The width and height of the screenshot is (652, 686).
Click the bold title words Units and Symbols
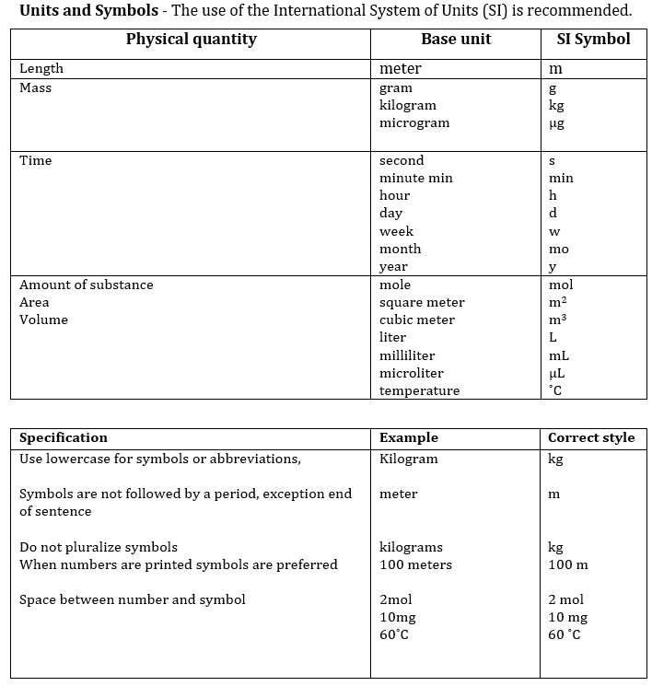tap(79, 11)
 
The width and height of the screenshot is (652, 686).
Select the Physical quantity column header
tap(191, 39)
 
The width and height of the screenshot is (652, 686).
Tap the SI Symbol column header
tap(593, 39)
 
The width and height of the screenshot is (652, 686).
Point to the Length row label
tap(41, 68)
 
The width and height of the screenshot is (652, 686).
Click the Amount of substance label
tap(87, 285)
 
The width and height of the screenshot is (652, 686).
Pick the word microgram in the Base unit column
tap(414, 122)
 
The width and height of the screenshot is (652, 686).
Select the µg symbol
tap(555, 123)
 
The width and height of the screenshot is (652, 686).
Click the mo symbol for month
tap(558, 250)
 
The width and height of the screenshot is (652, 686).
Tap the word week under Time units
tap(396, 231)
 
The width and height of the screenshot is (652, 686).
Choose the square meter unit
tap(422, 302)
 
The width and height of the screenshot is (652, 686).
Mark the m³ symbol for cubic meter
tap(557, 320)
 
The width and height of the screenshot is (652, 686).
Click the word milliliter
tap(407, 355)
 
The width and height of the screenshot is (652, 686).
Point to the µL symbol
tap(556, 373)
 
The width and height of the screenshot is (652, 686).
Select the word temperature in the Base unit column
tap(419, 390)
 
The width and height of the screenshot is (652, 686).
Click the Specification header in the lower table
tap(63, 437)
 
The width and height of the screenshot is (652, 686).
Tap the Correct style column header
tap(590, 437)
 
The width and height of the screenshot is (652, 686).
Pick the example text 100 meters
tap(415, 564)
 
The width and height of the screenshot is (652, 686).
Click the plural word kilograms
tap(411, 547)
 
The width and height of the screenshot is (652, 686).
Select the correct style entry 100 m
tap(567, 564)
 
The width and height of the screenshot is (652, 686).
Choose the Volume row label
tap(43, 320)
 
